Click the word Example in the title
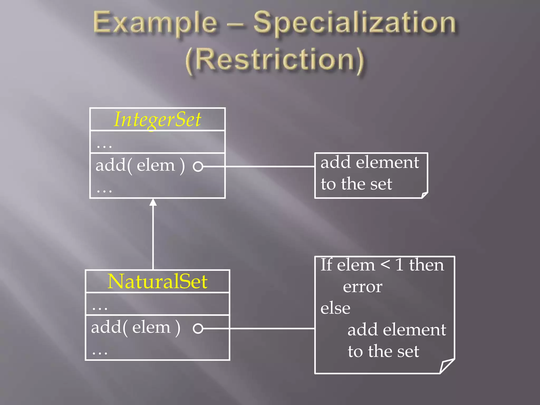click(x=155, y=23)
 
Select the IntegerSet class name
click(x=157, y=119)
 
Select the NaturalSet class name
click(x=157, y=281)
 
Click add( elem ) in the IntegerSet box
click(x=140, y=166)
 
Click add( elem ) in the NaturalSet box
click(x=136, y=328)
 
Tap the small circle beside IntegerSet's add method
click(x=198, y=167)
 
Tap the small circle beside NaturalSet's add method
click(x=198, y=329)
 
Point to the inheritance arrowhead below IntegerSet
click(x=153, y=202)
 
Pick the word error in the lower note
click(x=363, y=287)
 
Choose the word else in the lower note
click(x=335, y=308)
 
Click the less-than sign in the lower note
click(x=385, y=265)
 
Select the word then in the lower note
click(x=426, y=265)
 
